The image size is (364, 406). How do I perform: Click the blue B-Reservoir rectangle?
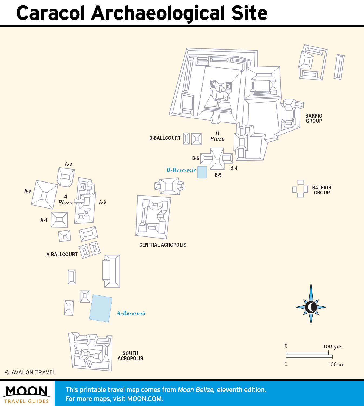(x=202, y=172)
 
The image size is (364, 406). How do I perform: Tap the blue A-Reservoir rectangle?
(x=101, y=308)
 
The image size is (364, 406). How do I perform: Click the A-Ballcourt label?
(x=62, y=255)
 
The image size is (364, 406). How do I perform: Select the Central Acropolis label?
(x=163, y=245)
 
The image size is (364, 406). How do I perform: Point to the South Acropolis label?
(x=130, y=356)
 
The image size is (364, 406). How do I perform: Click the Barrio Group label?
(x=314, y=118)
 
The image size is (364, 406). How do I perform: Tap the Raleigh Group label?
(x=322, y=190)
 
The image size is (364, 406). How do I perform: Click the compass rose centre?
(x=311, y=307)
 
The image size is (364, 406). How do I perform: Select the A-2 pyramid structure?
(x=44, y=194)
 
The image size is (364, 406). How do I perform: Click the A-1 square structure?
(x=59, y=220)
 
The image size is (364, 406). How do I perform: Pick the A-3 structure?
(x=66, y=177)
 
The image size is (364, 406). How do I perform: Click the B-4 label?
(x=234, y=168)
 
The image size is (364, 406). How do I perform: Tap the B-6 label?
(x=196, y=158)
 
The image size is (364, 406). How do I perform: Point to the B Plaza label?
(x=217, y=136)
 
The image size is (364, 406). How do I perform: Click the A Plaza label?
(x=65, y=199)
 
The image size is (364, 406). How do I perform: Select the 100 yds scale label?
(x=332, y=346)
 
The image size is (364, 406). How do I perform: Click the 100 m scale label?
(x=335, y=364)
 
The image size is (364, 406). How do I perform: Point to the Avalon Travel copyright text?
(x=31, y=372)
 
